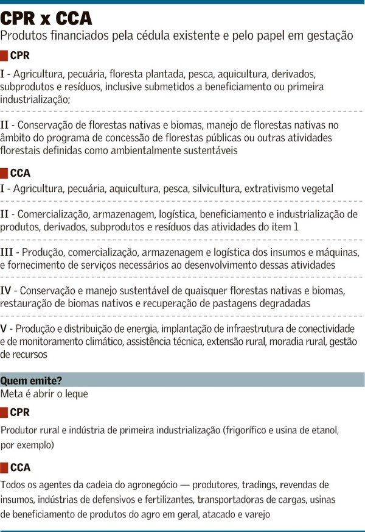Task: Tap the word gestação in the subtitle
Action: (x=329, y=36)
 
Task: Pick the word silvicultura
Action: (x=216, y=189)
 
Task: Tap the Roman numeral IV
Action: (x=9, y=290)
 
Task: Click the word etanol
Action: (x=323, y=430)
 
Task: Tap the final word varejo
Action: (x=255, y=514)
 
